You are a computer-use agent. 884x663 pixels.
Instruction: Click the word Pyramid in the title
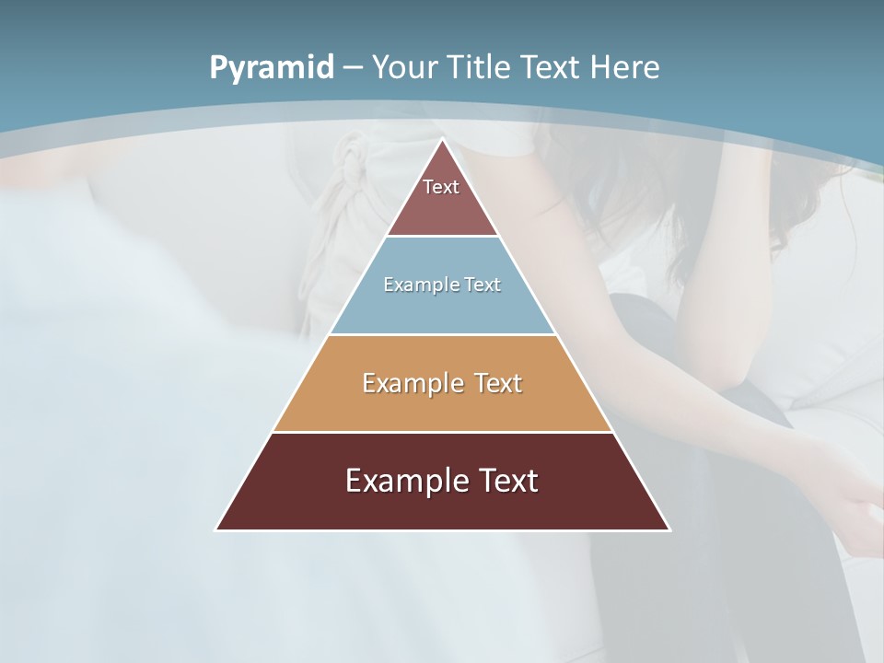pyautogui.click(x=271, y=68)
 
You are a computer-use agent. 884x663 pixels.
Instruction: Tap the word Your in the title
pyautogui.click(x=404, y=67)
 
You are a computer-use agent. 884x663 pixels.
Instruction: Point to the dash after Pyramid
pyautogui.click(x=352, y=68)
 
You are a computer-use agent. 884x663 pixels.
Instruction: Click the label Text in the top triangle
pyautogui.click(x=441, y=187)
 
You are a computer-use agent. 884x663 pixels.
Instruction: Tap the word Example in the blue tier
pyautogui.click(x=413, y=285)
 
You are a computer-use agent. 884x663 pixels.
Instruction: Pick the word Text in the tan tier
pyautogui.click(x=497, y=383)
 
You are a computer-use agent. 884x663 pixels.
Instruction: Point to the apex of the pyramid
pyautogui.click(x=443, y=141)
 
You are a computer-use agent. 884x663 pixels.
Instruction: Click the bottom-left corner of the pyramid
pyautogui.click(x=217, y=529)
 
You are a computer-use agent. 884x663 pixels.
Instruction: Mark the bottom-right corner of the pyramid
pyautogui.click(x=669, y=529)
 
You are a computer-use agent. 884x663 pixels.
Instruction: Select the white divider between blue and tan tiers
pyautogui.click(x=443, y=334)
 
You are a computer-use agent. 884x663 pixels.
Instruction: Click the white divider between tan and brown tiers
pyautogui.click(x=443, y=432)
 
